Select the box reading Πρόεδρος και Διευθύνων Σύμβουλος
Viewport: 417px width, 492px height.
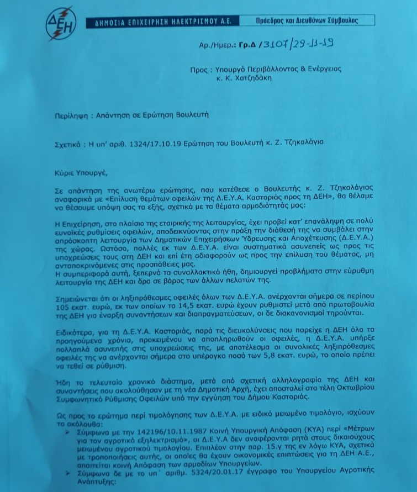coord(307,20)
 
